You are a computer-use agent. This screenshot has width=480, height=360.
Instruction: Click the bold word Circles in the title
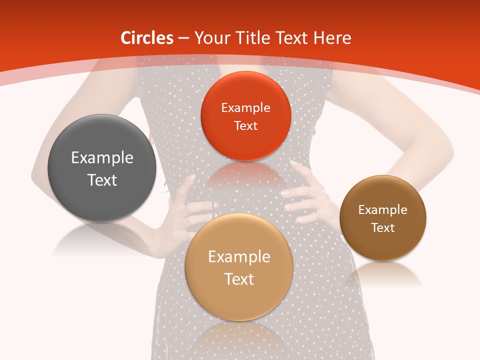[147, 38]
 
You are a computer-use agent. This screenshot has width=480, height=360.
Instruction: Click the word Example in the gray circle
[102, 158]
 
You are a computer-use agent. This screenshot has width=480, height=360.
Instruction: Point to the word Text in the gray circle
[102, 180]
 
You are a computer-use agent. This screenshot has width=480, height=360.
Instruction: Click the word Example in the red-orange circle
[245, 108]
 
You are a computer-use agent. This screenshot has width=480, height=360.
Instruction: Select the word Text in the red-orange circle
[245, 126]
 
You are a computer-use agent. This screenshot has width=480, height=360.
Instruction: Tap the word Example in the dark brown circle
[383, 210]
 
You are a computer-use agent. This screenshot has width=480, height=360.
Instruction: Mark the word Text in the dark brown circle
[383, 228]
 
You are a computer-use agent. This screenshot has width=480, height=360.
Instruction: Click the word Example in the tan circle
[239, 257]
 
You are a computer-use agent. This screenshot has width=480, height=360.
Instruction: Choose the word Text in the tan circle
[239, 279]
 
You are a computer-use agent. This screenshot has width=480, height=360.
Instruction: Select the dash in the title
[183, 38]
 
